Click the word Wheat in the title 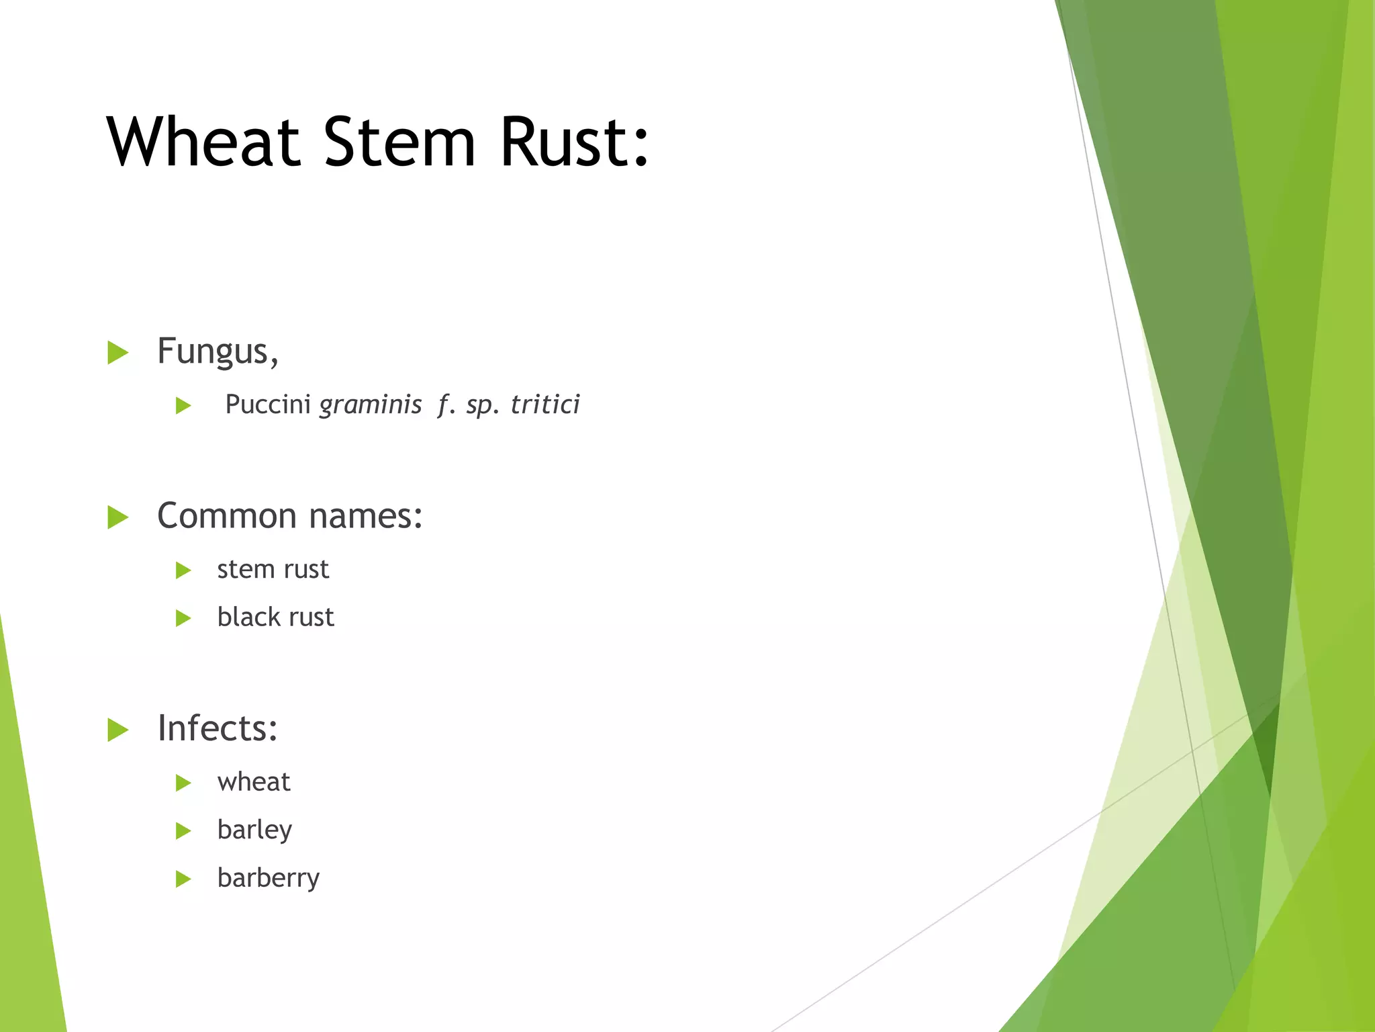203,142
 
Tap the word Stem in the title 399,142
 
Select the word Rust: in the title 575,142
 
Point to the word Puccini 267,404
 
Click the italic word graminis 371,405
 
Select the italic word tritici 545,404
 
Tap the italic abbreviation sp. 483,405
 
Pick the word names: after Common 366,516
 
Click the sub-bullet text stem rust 273,570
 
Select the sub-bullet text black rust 275,617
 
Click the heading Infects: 218,728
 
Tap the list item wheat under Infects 254,782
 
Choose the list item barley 254,830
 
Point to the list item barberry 269,878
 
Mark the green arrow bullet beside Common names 117,517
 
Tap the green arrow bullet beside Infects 117,730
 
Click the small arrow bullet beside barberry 183,879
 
